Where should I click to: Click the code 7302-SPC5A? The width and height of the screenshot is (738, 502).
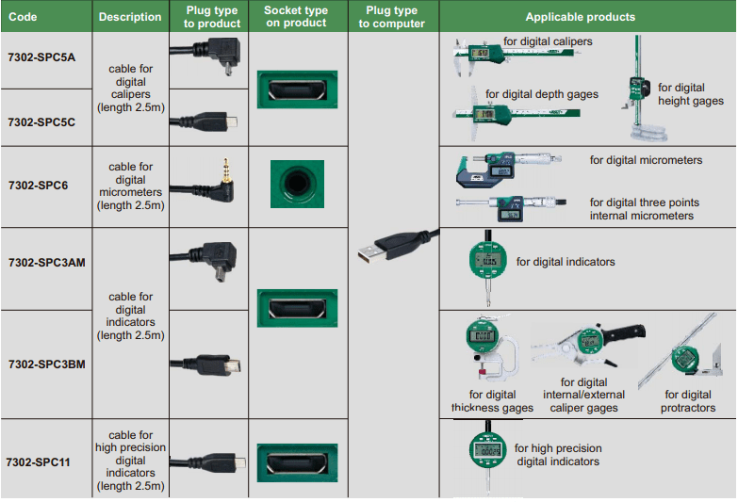(x=41, y=58)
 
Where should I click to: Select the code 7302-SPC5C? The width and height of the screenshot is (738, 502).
(x=41, y=122)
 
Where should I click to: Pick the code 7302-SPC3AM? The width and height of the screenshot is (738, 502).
(x=46, y=262)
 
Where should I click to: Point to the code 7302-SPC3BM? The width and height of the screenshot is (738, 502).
(x=46, y=364)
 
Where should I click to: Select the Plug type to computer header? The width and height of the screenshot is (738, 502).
(x=391, y=17)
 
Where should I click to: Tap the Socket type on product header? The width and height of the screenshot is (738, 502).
(x=297, y=17)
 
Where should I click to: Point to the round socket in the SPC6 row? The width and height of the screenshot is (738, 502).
(x=297, y=184)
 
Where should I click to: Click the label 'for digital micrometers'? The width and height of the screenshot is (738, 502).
(x=646, y=160)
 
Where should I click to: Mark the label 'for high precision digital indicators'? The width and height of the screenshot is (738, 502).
(x=558, y=455)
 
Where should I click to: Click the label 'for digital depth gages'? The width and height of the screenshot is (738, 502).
(x=542, y=94)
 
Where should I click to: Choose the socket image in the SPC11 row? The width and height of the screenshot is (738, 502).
(x=297, y=462)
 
